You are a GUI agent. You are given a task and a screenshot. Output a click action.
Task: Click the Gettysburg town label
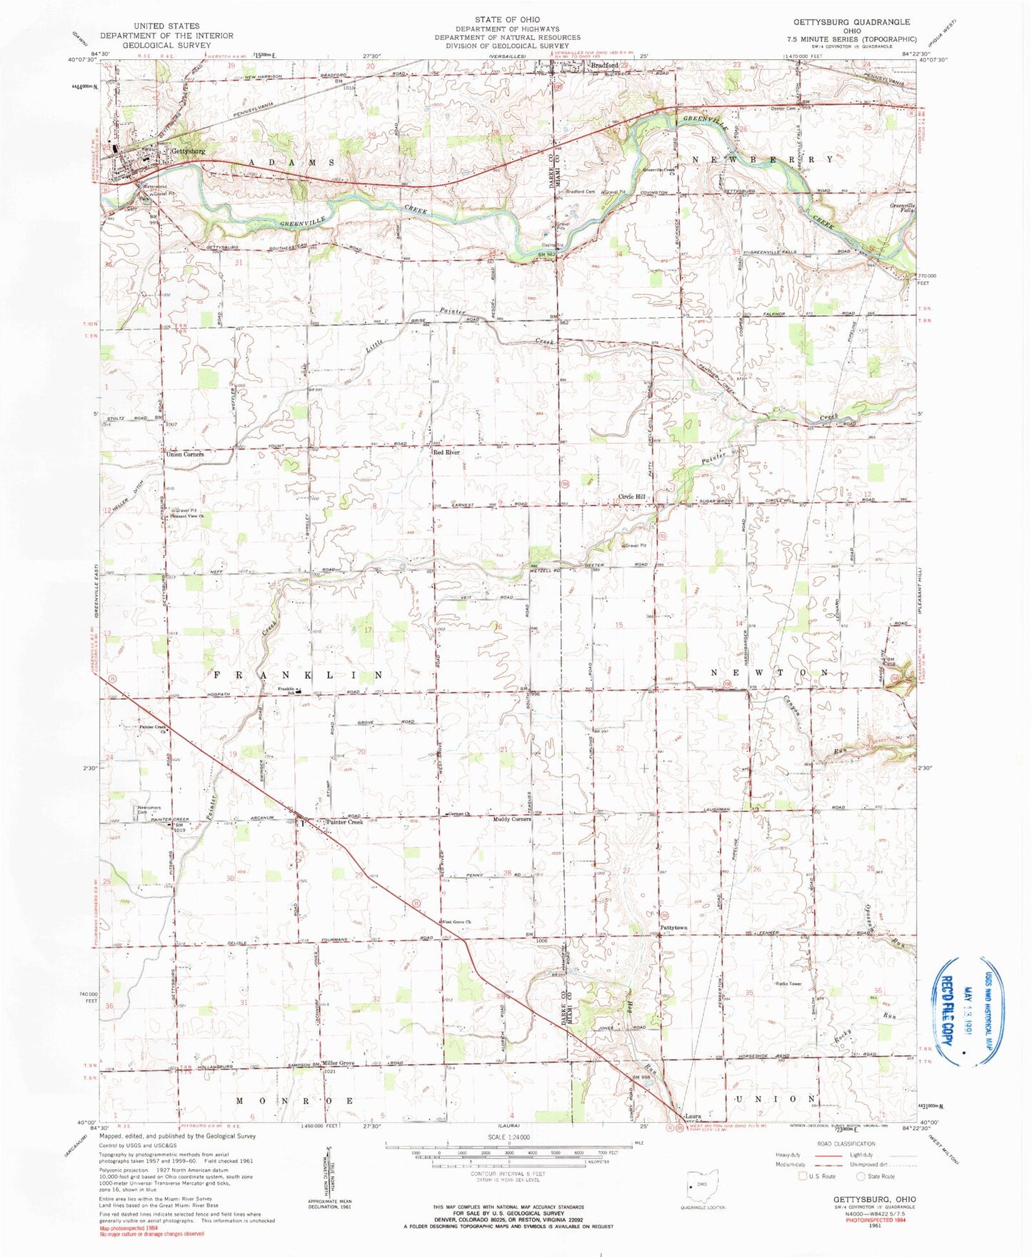pos(188,151)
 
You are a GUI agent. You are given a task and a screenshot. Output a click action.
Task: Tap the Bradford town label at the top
pos(603,65)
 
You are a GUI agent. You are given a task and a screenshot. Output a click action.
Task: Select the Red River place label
pos(447,453)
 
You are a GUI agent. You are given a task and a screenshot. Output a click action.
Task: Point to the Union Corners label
pos(185,454)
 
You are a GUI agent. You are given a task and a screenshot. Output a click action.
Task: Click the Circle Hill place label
pos(631,497)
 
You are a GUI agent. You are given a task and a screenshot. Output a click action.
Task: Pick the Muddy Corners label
pos(512,819)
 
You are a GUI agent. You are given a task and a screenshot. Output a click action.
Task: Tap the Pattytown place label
pos(673,928)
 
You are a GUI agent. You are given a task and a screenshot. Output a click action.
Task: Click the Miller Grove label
pos(338,1063)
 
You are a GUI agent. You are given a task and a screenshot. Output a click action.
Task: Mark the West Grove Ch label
pos(457,922)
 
